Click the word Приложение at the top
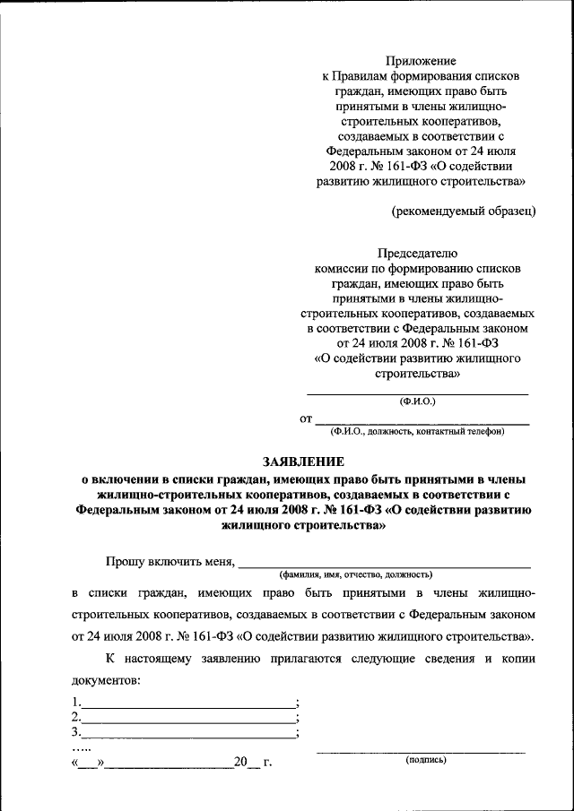[421, 61]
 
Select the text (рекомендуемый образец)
[464, 211]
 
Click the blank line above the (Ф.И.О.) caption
[418, 394]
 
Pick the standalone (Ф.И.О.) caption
[418, 402]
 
